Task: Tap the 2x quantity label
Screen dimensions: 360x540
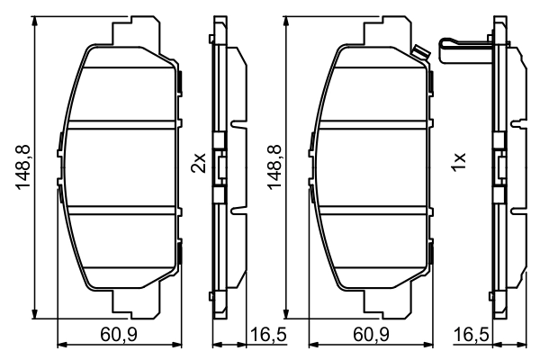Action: point(199,163)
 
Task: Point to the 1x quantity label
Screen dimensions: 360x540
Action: point(458,163)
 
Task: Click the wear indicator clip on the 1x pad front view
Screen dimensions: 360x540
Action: point(419,50)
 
